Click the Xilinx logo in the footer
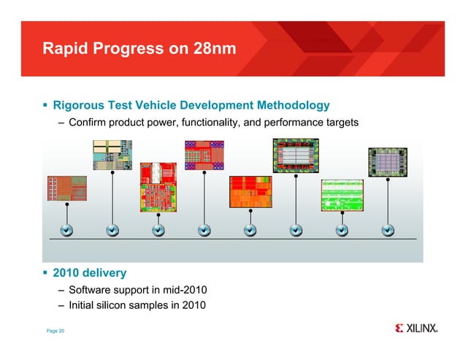(416, 328)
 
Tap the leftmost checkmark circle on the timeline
(66, 231)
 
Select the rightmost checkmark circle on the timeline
(387, 231)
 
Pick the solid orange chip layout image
(250, 193)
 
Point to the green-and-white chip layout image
(341, 195)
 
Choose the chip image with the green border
(295, 156)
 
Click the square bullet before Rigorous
(45, 106)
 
